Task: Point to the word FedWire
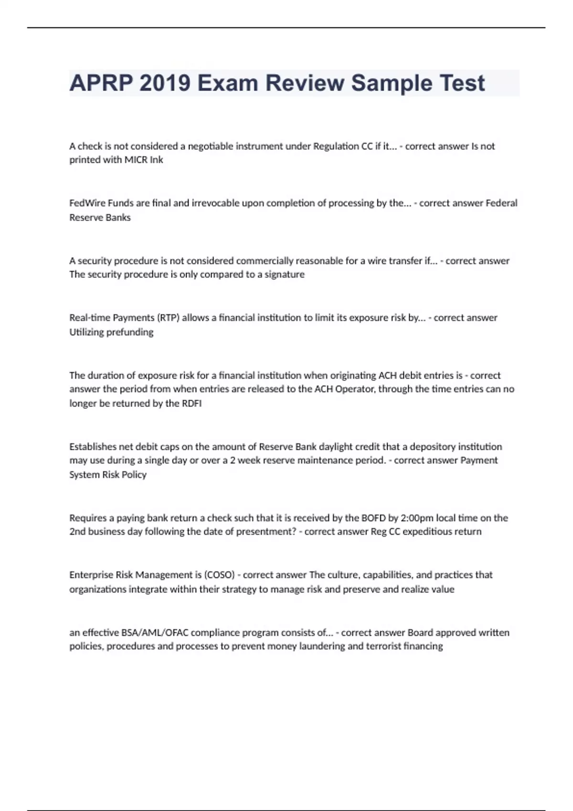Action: [x=87, y=203]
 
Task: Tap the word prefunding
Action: [x=130, y=332]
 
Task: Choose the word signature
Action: [x=285, y=274]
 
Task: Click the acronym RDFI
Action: [x=191, y=404]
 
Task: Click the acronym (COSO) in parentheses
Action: [x=219, y=575]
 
